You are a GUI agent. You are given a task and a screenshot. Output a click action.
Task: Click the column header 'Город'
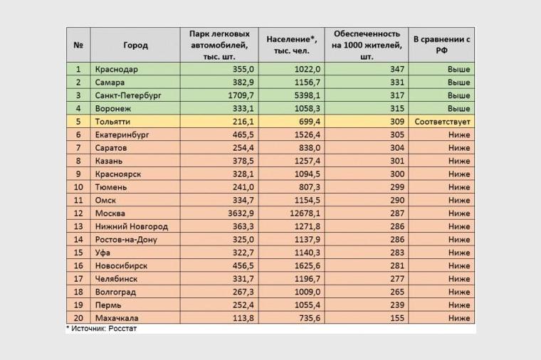(x=135, y=45)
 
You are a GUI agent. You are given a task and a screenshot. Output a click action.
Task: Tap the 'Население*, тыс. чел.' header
(x=292, y=45)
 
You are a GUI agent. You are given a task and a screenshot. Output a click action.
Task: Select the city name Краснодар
(x=116, y=69)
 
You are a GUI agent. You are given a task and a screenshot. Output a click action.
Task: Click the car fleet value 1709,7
(x=241, y=95)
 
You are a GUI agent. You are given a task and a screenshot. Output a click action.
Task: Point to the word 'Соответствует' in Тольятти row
(x=442, y=122)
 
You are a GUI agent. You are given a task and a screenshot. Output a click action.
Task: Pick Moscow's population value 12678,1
(x=305, y=213)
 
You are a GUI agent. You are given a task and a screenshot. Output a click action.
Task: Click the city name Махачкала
(x=117, y=318)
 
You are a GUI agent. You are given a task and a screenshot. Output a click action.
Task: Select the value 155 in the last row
(x=397, y=318)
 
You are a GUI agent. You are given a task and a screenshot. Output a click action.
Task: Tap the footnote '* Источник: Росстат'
(x=101, y=329)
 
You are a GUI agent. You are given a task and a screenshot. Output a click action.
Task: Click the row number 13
(x=78, y=226)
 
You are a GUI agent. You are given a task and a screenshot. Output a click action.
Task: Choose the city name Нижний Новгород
(x=132, y=226)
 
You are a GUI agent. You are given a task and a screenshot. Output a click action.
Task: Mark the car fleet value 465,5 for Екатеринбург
(x=243, y=135)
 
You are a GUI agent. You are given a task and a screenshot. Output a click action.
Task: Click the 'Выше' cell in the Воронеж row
(x=458, y=109)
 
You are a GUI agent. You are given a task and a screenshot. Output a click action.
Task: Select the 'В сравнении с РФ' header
(x=441, y=45)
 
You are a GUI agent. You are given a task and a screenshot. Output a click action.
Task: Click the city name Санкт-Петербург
(x=128, y=95)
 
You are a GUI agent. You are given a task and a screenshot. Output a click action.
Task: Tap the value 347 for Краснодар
(x=397, y=69)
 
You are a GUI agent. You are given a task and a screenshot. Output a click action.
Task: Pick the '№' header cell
(x=78, y=45)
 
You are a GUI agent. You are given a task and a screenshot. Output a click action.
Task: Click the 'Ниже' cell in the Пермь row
(x=459, y=305)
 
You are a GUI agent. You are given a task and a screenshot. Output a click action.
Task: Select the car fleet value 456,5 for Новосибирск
(x=243, y=266)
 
